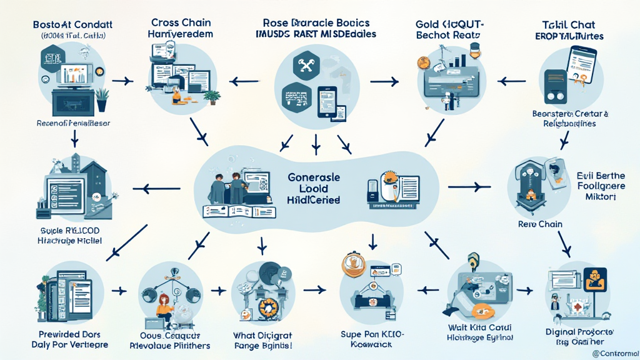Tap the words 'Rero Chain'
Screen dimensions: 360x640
[x=540, y=224]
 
